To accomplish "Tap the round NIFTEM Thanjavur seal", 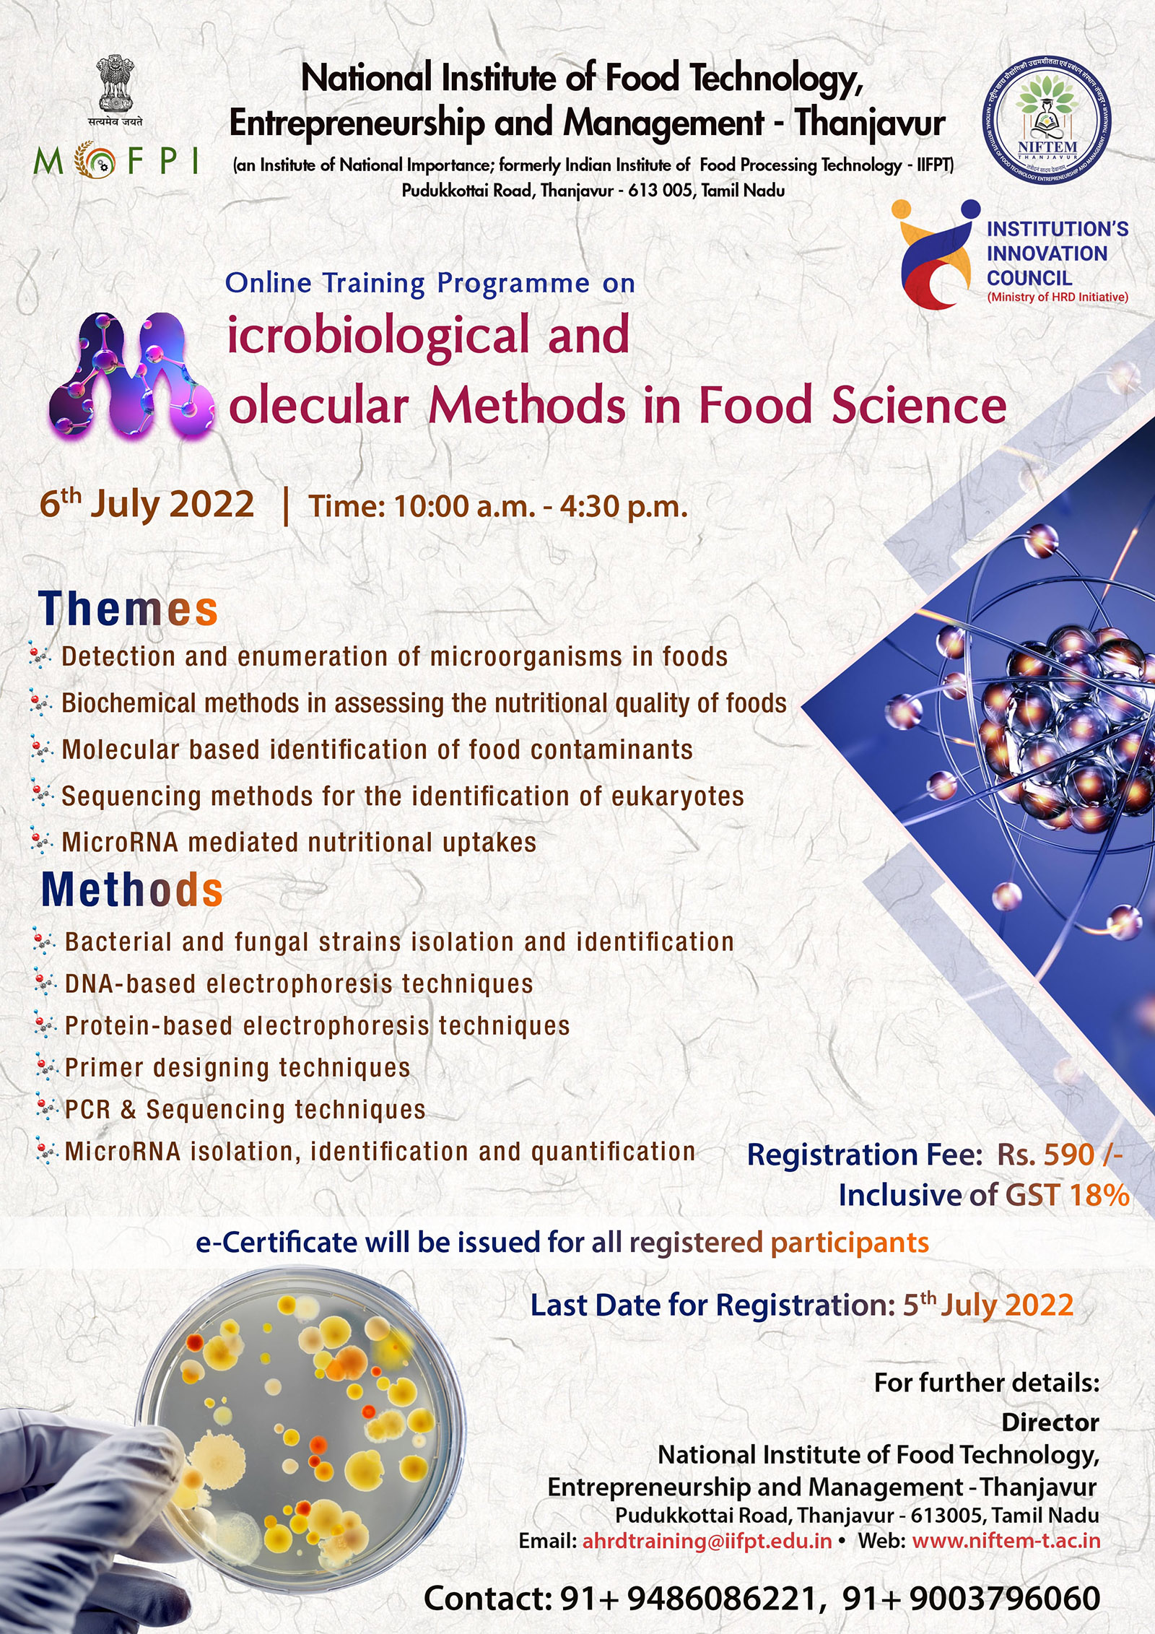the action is point(1046,121).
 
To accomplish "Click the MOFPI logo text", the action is point(115,161).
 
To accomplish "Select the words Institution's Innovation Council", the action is point(1057,253).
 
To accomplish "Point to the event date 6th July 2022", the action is point(147,503).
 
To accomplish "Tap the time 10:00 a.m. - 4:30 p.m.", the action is point(498,506).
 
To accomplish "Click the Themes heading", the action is point(128,609).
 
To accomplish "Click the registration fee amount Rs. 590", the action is point(1060,1155).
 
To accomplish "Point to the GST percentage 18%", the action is point(1099,1196).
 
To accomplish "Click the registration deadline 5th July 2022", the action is point(988,1305).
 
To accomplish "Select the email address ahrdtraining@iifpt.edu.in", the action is point(707,1541).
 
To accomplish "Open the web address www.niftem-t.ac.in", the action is point(1006,1541).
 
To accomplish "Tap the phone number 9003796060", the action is point(1005,1599).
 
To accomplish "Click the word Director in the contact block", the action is point(1050,1423).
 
